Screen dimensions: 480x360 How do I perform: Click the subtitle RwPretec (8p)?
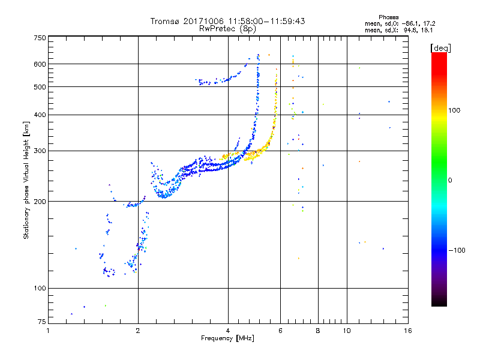pos(227,29)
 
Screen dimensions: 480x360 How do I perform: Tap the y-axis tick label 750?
pos(40,38)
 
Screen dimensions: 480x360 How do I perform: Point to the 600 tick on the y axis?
pos(40,64)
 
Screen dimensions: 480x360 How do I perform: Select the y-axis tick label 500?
pos(40,87)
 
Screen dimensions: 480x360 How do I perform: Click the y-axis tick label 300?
pos(40,151)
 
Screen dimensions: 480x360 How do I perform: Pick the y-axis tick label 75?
pos(41,322)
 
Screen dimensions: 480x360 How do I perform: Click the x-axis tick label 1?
pos(48,331)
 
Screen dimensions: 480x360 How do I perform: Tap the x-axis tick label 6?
pos(280,331)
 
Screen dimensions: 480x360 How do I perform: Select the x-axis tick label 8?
pos(318,331)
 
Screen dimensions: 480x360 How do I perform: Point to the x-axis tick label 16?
pos(408,331)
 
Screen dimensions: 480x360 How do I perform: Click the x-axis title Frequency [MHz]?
pos(227,338)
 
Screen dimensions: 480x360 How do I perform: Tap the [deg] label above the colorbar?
pos(440,48)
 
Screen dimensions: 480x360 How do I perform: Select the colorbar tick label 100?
pos(454,110)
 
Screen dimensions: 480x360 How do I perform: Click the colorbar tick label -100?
pos(457,250)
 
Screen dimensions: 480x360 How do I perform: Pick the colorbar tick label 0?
pos(450,181)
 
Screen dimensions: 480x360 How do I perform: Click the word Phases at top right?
pos(388,17)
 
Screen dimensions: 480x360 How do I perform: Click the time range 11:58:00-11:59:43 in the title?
pos(266,21)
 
